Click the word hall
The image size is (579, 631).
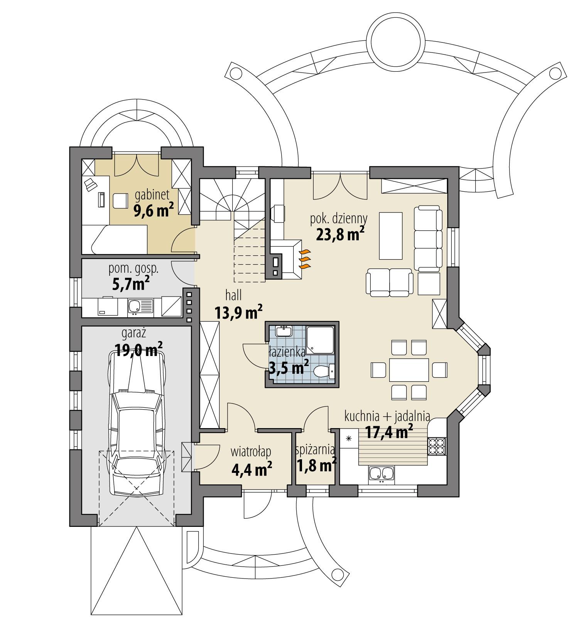pyautogui.click(x=233, y=296)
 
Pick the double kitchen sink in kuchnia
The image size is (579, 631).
pyautogui.click(x=381, y=473)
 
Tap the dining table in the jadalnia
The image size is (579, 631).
pyautogui.click(x=409, y=369)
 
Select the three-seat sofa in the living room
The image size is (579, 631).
pyautogui.click(x=428, y=238)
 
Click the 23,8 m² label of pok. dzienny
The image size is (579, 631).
pyautogui.click(x=340, y=235)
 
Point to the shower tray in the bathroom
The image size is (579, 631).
pyautogui.click(x=320, y=339)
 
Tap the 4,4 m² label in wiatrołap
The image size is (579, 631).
pyautogui.click(x=252, y=469)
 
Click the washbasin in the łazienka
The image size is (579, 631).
pyautogui.click(x=285, y=331)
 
